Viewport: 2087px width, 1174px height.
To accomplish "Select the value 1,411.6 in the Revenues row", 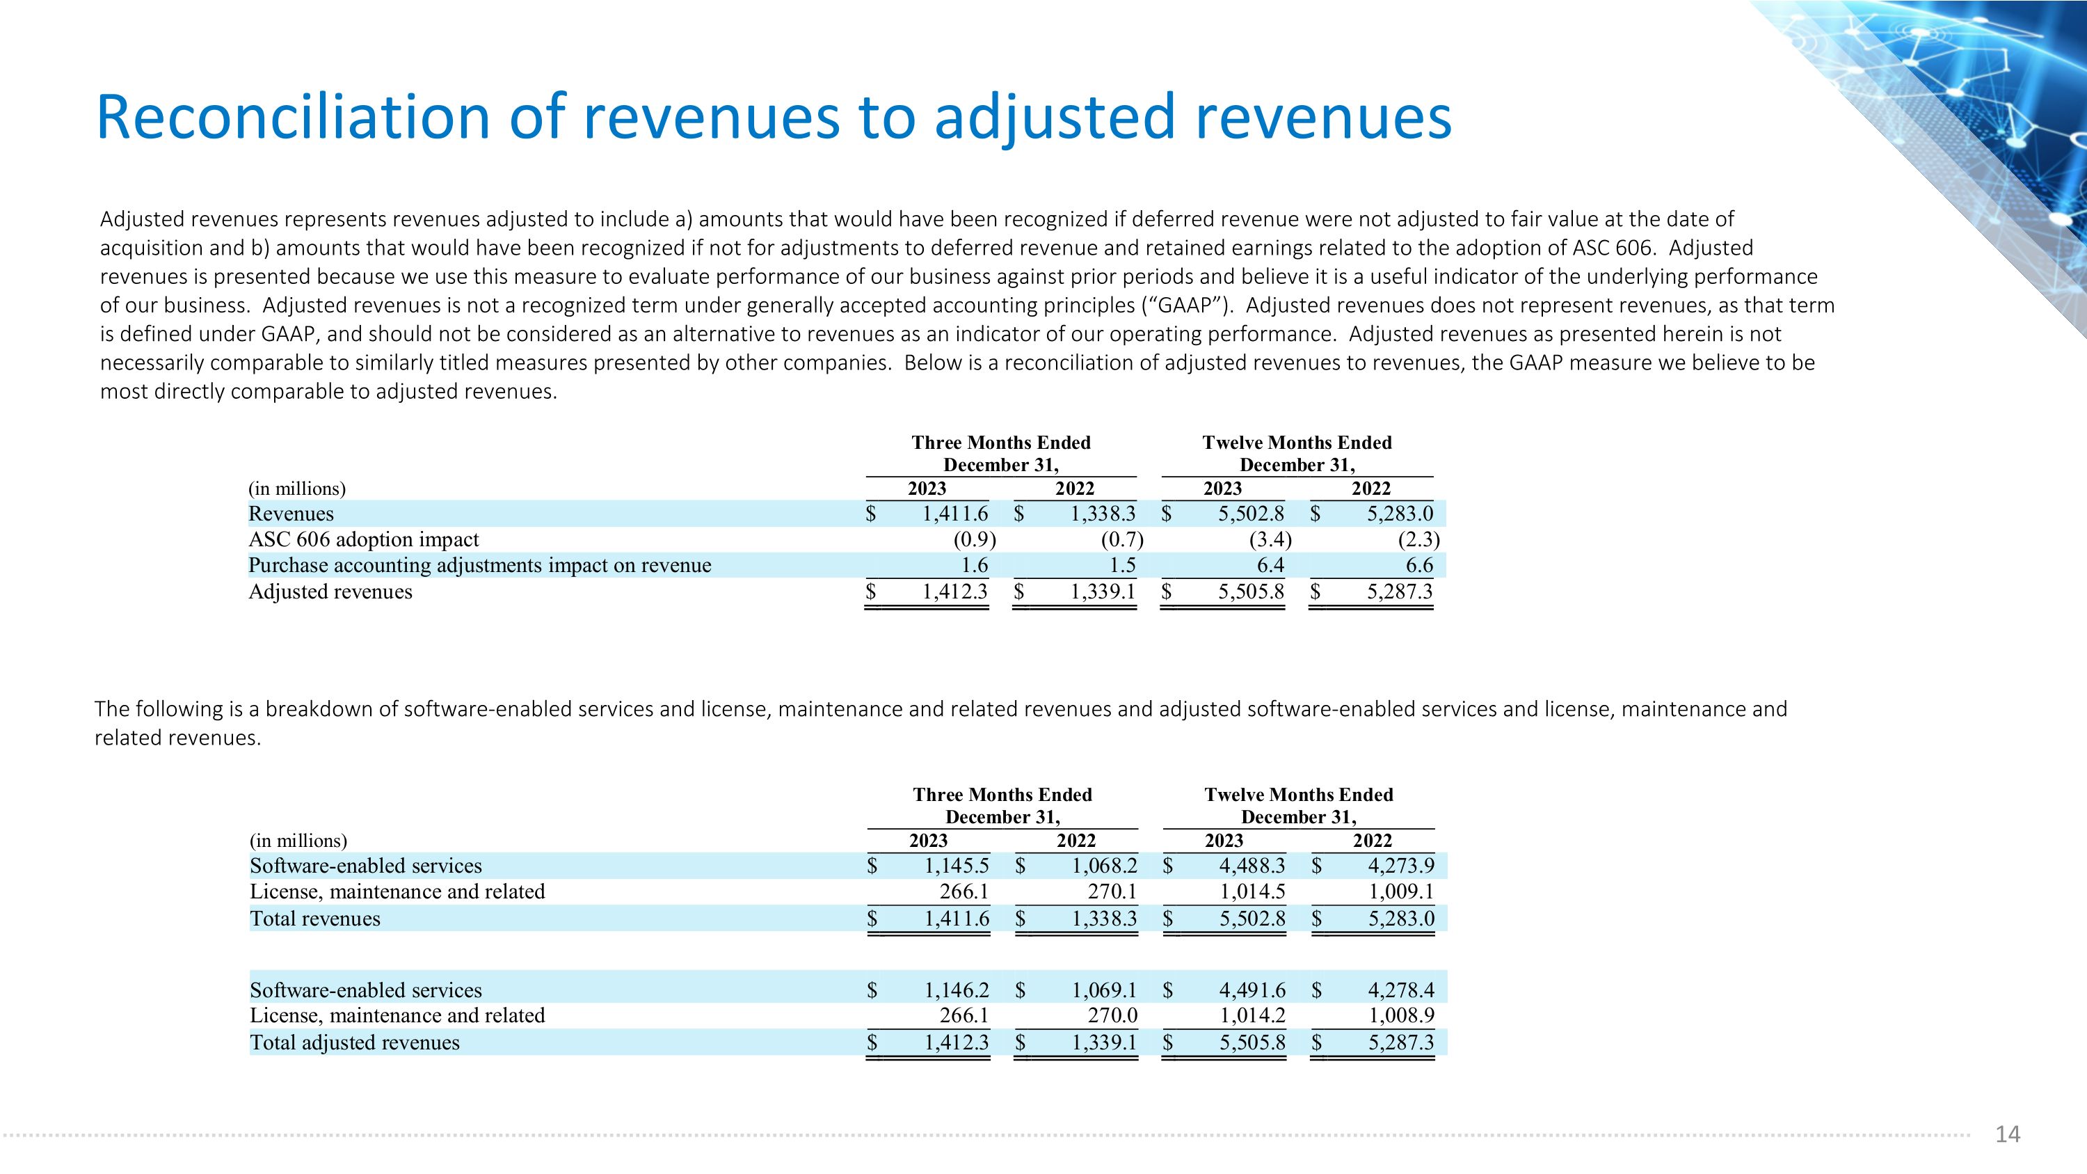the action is point(955,514).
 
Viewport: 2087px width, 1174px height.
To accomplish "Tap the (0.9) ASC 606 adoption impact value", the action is point(975,539).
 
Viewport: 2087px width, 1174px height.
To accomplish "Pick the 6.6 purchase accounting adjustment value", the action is point(1418,566).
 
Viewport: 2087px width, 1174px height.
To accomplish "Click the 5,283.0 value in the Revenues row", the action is point(1400,514).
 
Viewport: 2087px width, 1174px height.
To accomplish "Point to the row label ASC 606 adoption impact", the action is point(364,539).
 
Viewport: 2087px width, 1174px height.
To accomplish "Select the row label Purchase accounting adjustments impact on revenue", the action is point(479,566).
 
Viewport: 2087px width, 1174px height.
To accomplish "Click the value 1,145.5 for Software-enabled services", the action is point(957,866).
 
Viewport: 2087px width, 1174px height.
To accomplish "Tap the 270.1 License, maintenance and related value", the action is point(1112,892).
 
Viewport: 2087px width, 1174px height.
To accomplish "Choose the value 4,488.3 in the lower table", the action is point(1252,866).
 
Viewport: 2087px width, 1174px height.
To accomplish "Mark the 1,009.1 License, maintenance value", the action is point(1402,892).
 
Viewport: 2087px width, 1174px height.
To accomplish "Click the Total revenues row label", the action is point(315,919).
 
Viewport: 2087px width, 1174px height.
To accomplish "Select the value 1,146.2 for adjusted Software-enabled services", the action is point(957,990).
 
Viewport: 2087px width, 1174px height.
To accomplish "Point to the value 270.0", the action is point(1112,1015).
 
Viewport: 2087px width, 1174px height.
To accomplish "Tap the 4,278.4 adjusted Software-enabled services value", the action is point(1402,990).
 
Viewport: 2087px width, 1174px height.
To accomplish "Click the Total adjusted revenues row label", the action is point(355,1042).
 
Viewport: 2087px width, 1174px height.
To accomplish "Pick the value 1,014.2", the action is point(1252,1015).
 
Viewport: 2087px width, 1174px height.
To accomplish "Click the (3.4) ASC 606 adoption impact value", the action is point(1270,539).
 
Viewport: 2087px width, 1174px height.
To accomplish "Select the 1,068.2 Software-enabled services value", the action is point(1105,866).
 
